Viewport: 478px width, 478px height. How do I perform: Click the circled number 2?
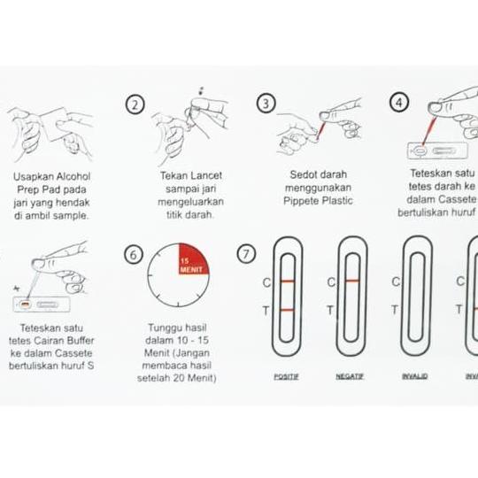(135, 105)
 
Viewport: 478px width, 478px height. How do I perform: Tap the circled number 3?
(266, 103)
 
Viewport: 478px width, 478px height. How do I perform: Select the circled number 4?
(400, 103)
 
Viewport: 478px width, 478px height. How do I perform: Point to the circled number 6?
(134, 255)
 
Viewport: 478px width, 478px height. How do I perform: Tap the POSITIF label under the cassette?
(286, 376)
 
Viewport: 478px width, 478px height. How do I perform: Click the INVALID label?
(415, 376)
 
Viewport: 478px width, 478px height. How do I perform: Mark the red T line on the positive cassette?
(287, 311)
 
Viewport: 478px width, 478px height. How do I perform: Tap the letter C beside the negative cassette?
(331, 282)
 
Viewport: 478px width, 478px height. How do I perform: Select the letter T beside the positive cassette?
(266, 311)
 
